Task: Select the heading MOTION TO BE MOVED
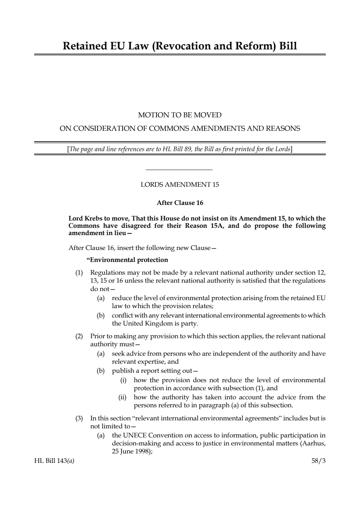[x=179, y=115]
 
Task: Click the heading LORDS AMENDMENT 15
[x=179, y=185]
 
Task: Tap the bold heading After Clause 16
[x=180, y=203]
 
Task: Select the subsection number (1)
[x=79, y=272]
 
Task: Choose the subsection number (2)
[x=79, y=336]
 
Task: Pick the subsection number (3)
[x=79, y=418]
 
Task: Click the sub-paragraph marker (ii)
[x=122, y=397]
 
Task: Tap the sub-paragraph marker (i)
[x=124, y=380]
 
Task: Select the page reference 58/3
[x=319, y=461]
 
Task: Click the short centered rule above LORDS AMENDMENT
[x=179, y=170]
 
